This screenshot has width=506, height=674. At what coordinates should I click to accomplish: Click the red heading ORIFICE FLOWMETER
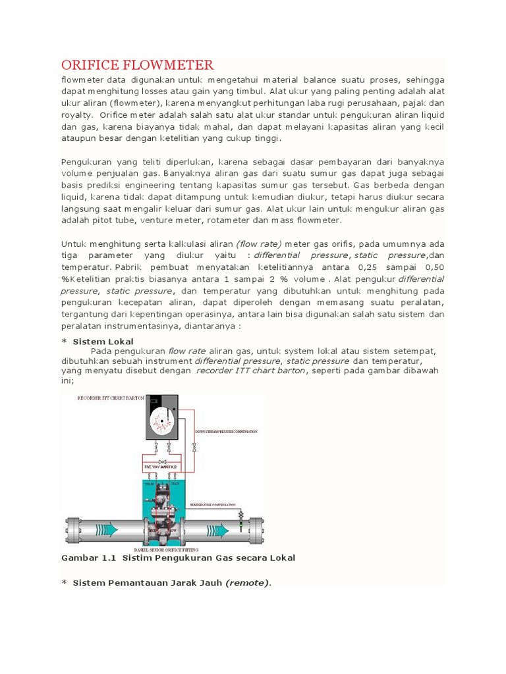(137, 65)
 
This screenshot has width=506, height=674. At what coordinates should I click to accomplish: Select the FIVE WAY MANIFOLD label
(161, 467)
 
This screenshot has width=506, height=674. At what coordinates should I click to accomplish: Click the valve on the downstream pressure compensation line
(194, 448)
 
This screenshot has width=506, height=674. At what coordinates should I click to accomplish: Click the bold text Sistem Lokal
(103, 342)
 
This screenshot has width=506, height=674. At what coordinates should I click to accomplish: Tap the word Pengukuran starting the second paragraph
(86, 162)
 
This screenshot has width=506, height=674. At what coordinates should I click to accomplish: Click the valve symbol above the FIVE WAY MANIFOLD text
(161, 461)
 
